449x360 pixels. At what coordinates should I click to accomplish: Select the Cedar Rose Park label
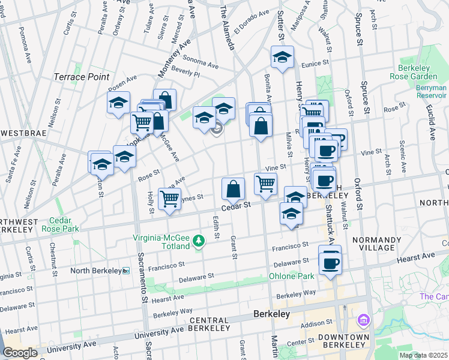[x=64, y=224]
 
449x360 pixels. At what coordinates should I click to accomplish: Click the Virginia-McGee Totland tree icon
[x=199, y=241]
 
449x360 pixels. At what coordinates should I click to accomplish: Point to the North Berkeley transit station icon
[x=125, y=271]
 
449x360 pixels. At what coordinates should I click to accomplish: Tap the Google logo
[x=20, y=353]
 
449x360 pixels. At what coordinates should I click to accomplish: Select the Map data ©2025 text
[x=423, y=355]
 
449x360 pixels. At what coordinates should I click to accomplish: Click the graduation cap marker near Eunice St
[x=282, y=58]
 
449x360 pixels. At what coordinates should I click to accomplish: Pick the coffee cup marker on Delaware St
[x=330, y=263]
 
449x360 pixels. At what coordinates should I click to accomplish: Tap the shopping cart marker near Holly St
[x=170, y=198]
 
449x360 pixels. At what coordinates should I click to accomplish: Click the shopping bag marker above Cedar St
[x=233, y=189]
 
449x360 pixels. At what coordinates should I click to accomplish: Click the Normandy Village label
[x=373, y=244]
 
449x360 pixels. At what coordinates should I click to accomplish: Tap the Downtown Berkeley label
[x=344, y=341]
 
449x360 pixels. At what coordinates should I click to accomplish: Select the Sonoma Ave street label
[x=200, y=62]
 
